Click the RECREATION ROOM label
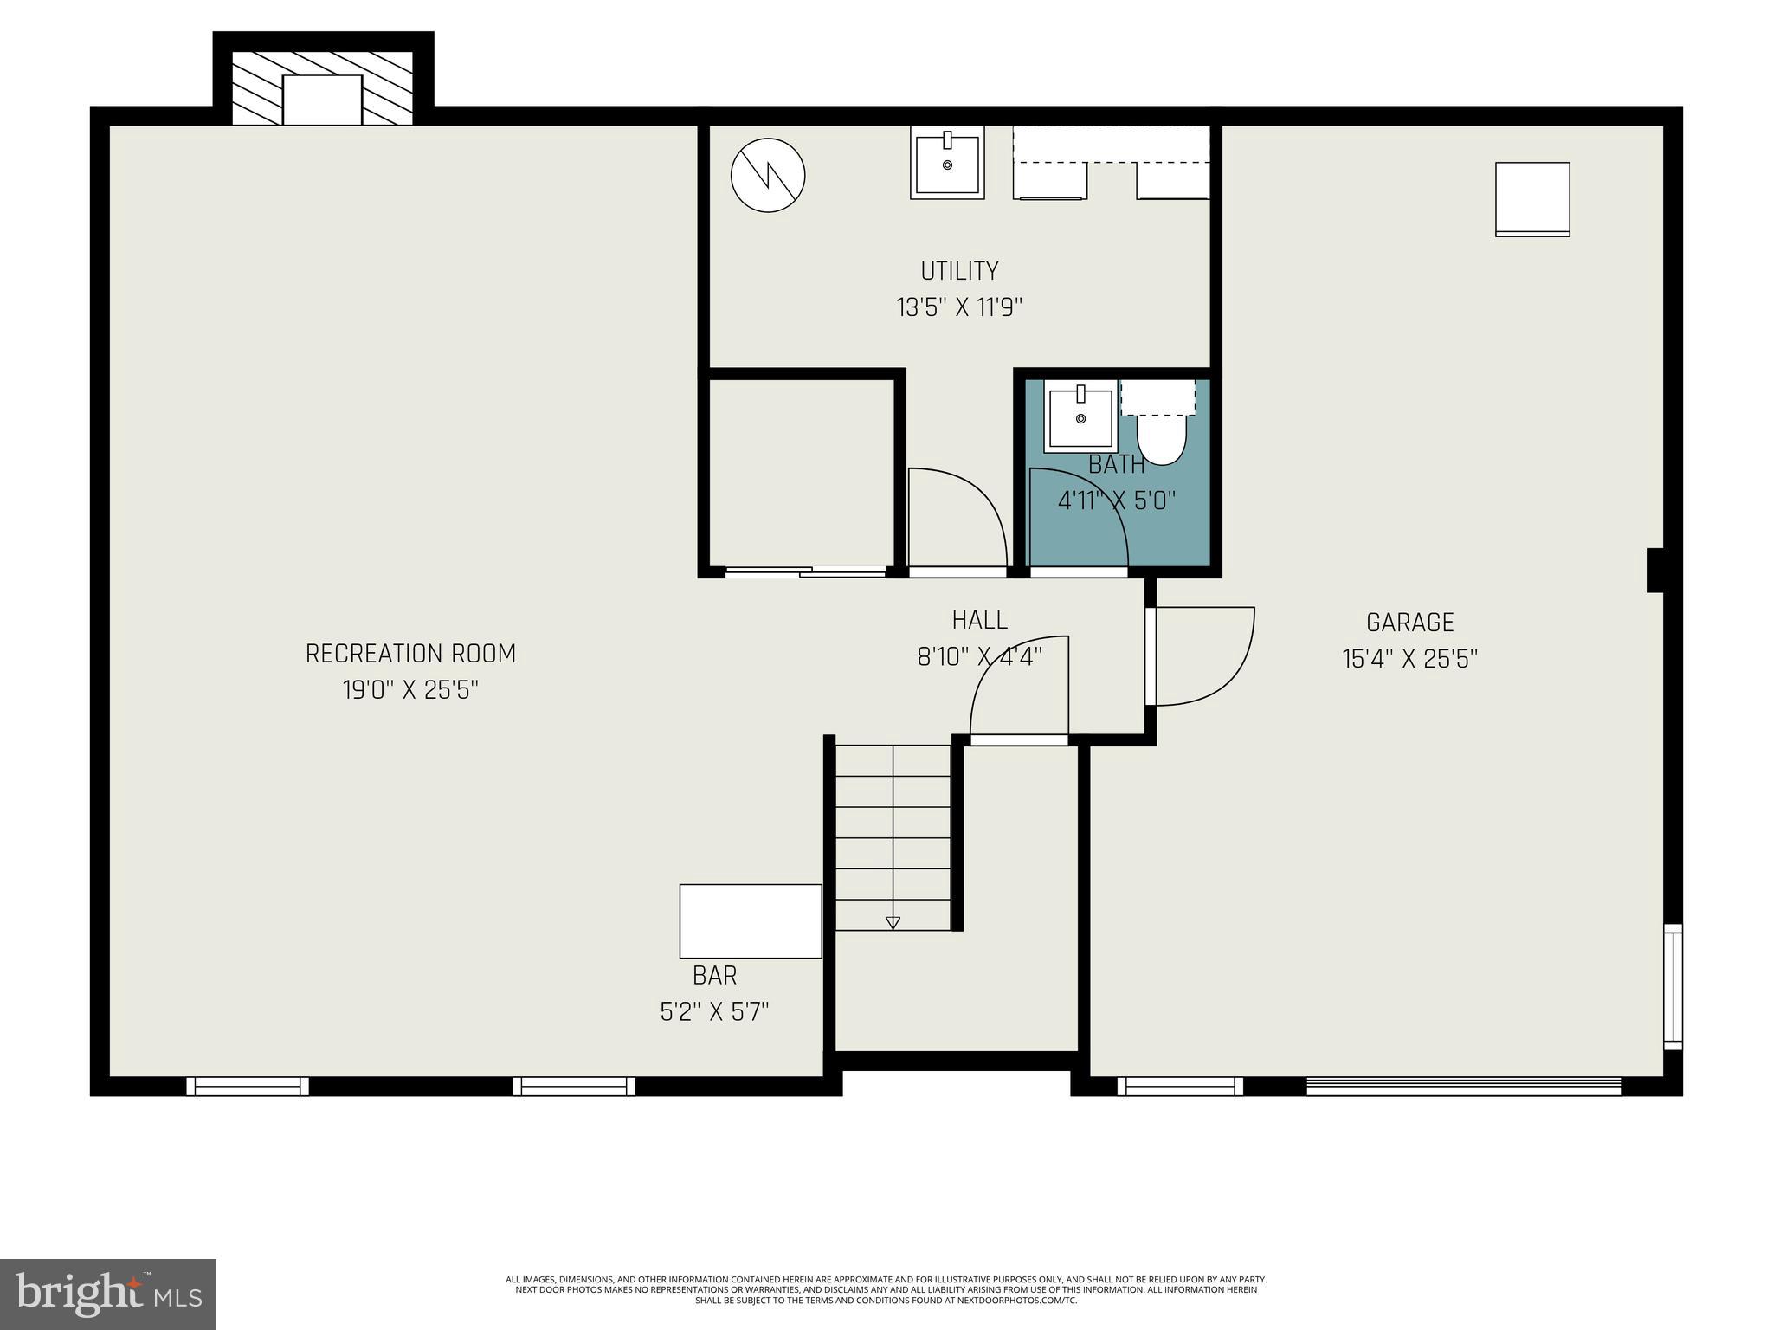coord(410,653)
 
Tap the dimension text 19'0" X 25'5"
coord(410,690)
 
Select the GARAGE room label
coord(1409,623)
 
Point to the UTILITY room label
coord(959,271)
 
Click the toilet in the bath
coord(1160,438)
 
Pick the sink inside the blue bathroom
coord(1080,416)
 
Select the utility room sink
coord(947,162)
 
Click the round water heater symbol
coord(768,175)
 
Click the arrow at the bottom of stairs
coord(893,923)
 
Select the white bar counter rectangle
coord(750,920)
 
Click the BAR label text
coord(714,976)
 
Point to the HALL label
coord(979,620)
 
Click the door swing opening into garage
coord(1203,655)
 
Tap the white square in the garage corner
coord(1532,198)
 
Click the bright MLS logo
coord(107,1294)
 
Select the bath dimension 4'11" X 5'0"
coord(1116,500)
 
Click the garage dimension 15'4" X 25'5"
coord(1409,660)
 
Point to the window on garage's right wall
coord(1673,987)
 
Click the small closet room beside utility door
coord(801,472)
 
